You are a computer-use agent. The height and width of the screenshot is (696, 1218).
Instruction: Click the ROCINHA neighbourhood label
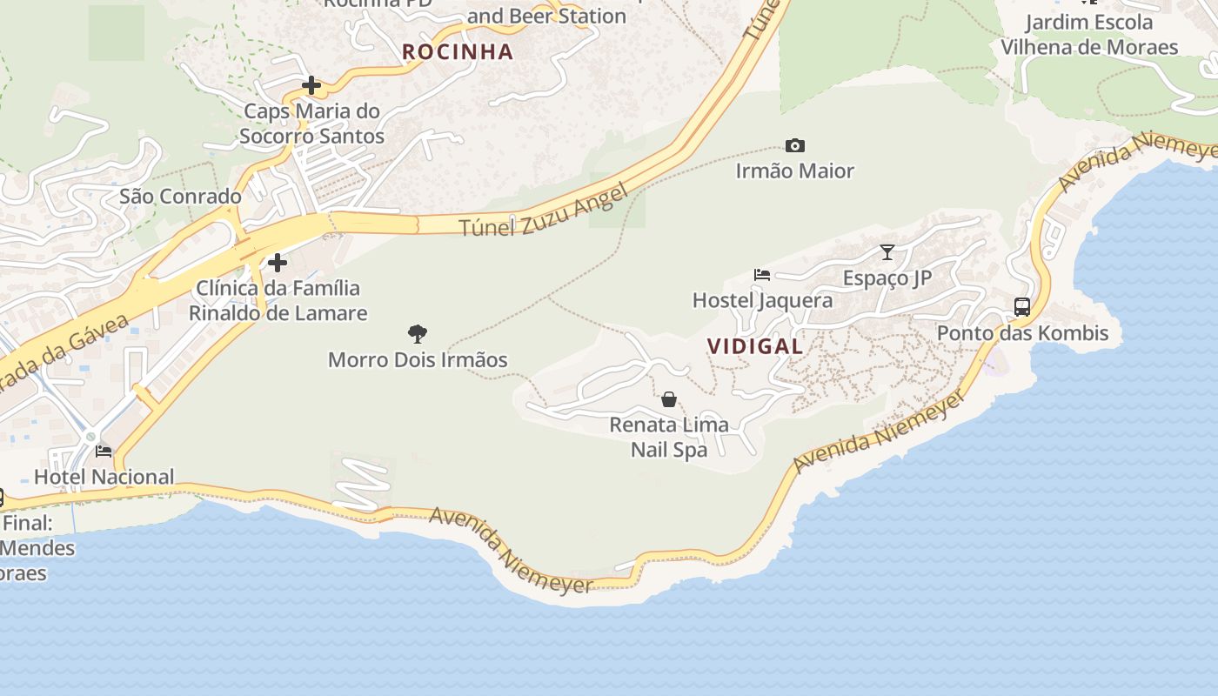(458, 52)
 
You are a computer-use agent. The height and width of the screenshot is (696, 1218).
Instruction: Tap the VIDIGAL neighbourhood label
(755, 346)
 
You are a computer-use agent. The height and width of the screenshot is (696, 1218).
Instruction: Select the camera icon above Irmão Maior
(794, 145)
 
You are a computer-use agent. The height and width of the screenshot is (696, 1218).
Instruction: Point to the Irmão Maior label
(794, 171)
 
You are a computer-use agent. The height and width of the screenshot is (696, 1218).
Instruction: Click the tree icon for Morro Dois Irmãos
(418, 333)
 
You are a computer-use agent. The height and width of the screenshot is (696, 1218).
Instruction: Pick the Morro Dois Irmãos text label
(418, 359)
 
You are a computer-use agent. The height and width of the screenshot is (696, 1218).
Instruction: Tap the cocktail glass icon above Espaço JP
(887, 252)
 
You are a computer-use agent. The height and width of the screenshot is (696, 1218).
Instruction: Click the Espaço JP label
(887, 278)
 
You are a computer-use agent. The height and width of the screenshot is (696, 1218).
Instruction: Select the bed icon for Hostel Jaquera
(762, 275)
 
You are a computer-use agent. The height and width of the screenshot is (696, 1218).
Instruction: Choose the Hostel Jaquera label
(762, 301)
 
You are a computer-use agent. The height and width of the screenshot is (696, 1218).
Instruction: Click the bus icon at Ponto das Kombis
(1022, 307)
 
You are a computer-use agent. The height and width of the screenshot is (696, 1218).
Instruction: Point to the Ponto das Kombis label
(1022, 333)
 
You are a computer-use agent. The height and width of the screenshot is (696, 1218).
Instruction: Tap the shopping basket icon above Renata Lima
(669, 399)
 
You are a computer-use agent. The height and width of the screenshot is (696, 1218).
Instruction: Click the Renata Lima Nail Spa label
(669, 438)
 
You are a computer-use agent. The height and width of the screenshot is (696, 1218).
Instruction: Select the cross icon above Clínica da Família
(278, 262)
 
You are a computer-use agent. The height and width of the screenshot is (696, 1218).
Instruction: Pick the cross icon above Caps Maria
(311, 85)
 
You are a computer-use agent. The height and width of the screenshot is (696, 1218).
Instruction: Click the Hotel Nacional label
(104, 477)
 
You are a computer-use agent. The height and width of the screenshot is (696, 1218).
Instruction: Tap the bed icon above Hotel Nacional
(104, 451)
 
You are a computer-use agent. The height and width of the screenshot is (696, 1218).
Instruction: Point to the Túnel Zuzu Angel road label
(543, 211)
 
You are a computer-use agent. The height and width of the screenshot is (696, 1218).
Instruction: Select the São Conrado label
(180, 197)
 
